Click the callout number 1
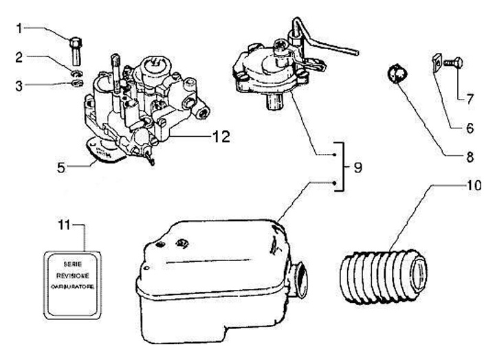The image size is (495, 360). [x=20, y=28]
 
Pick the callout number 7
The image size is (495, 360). [x=469, y=98]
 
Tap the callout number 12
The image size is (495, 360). [x=219, y=137]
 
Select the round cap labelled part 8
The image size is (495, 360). [x=395, y=72]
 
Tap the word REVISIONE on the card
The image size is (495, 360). [x=72, y=275]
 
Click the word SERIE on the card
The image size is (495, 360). [x=72, y=264]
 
